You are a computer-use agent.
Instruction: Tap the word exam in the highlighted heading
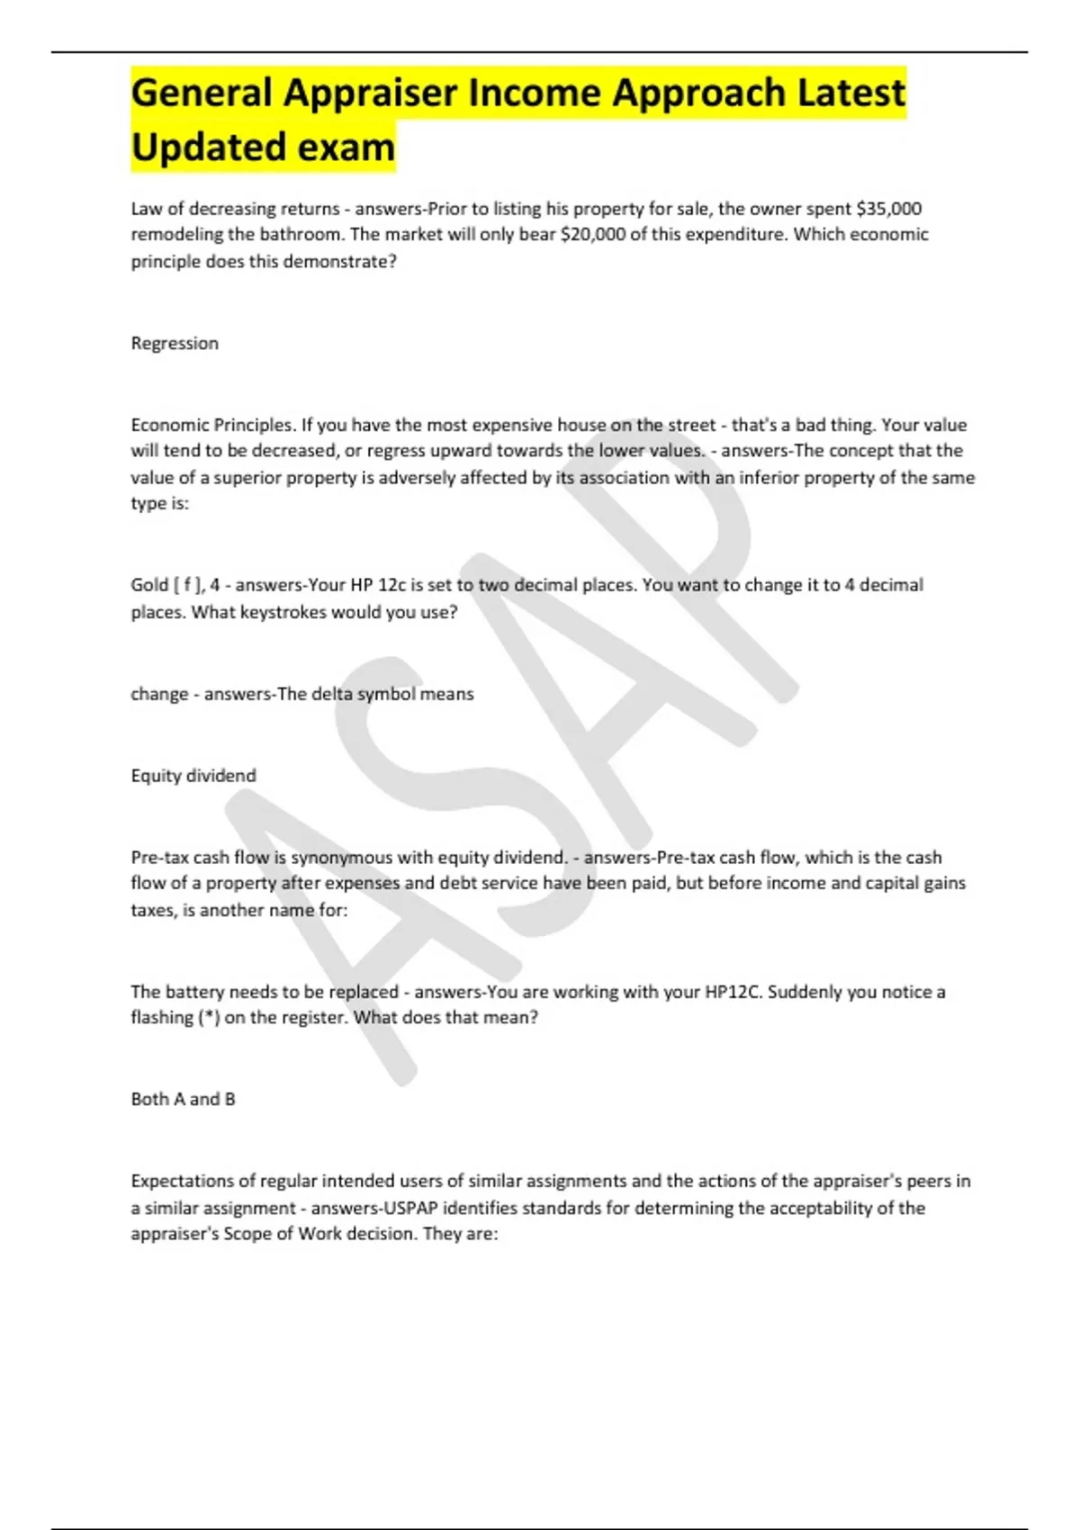(x=346, y=148)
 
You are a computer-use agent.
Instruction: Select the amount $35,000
(x=889, y=209)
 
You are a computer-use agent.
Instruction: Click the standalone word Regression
(x=175, y=343)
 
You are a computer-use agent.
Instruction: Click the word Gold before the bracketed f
(x=149, y=585)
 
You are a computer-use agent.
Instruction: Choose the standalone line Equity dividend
(x=193, y=776)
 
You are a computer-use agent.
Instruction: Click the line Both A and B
(x=183, y=1099)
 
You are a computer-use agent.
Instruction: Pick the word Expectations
(x=183, y=1181)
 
